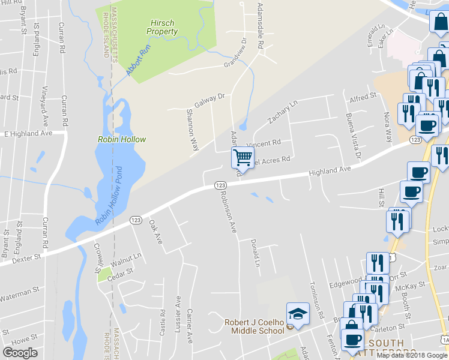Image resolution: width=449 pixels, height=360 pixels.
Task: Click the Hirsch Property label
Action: [163, 27]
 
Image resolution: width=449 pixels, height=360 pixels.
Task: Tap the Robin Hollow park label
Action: [122, 139]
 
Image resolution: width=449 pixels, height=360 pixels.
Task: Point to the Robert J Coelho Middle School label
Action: [255, 326]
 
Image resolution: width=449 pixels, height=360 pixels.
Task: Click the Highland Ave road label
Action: [330, 172]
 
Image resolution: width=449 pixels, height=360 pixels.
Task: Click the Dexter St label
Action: [28, 256]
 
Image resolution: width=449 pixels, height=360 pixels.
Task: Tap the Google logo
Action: [20, 352]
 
